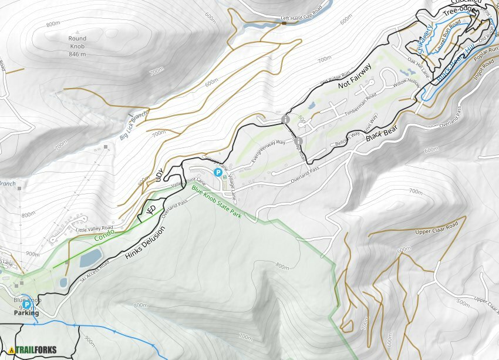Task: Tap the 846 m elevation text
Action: tap(77, 54)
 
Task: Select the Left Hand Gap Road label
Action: tap(302, 19)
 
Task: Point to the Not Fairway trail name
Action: tap(355, 77)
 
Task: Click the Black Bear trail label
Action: tap(378, 134)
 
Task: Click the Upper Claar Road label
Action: tap(436, 228)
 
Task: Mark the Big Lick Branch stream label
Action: tap(133, 126)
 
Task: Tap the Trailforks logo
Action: tap(33, 350)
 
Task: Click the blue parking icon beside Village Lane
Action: tap(218, 173)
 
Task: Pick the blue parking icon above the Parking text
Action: tap(26, 305)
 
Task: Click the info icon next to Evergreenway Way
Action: tap(298, 141)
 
